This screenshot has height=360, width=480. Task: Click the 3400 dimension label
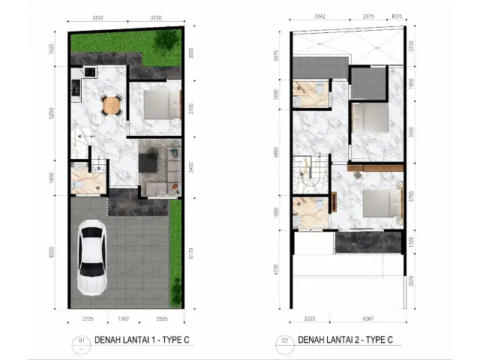pos(193,169)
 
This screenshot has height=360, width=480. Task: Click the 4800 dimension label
pos(277,158)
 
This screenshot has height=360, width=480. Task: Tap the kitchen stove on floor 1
pos(91,72)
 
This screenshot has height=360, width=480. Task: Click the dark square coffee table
pos(149,160)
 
